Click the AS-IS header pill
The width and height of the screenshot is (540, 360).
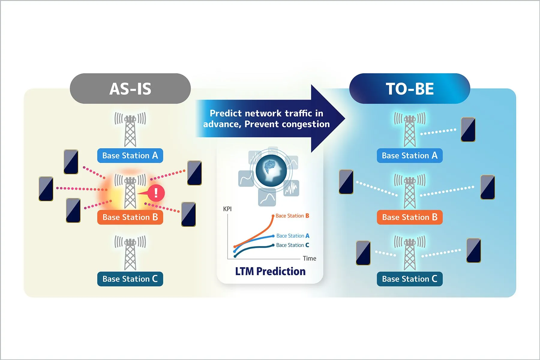click(x=130, y=88)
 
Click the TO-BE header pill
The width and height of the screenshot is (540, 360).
click(x=409, y=88)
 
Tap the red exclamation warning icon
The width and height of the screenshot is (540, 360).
click(x=156, y=193)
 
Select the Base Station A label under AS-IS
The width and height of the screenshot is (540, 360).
click(x=130, y=155)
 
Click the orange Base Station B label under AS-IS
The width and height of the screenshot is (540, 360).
click(x=130, y=217)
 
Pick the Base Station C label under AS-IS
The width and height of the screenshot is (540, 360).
click(x=130, y=279)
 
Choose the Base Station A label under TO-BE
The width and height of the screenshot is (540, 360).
click(x=409, y=155)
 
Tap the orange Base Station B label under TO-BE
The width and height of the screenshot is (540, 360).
click(x=409, y=217)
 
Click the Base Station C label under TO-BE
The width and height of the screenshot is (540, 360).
click(x=409, y=279)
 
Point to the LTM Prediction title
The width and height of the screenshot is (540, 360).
click(x=270, y=271)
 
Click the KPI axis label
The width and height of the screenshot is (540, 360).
click(x=227, y=209)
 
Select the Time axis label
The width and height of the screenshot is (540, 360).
click(x=309, y=258)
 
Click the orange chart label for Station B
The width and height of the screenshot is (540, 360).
click(x=292, y=216)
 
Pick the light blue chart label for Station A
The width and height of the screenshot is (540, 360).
click(x=293, y=236)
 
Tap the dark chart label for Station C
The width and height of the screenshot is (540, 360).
click(x=292, y=245)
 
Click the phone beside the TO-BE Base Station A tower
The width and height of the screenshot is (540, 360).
click(x=468, y=129)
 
